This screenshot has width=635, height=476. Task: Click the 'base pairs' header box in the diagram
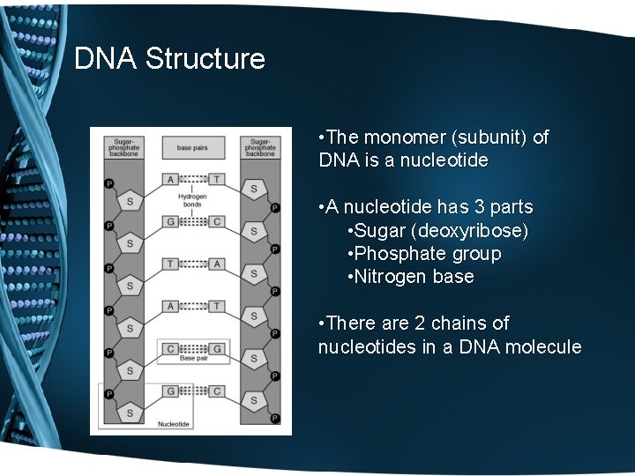click(192, 147)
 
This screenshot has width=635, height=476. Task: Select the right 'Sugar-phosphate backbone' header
click(259, 147)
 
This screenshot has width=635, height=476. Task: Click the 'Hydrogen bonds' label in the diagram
click(192, 200)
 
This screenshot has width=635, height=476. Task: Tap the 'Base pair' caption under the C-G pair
click(192, 359)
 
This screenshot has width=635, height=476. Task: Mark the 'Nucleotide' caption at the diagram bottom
click(174, 424)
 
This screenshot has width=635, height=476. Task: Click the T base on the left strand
click(170, 264)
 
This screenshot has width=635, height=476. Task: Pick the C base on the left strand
click(170, 348)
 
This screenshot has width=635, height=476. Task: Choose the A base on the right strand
click(216, 264)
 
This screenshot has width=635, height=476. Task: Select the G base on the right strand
click(216, 348)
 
